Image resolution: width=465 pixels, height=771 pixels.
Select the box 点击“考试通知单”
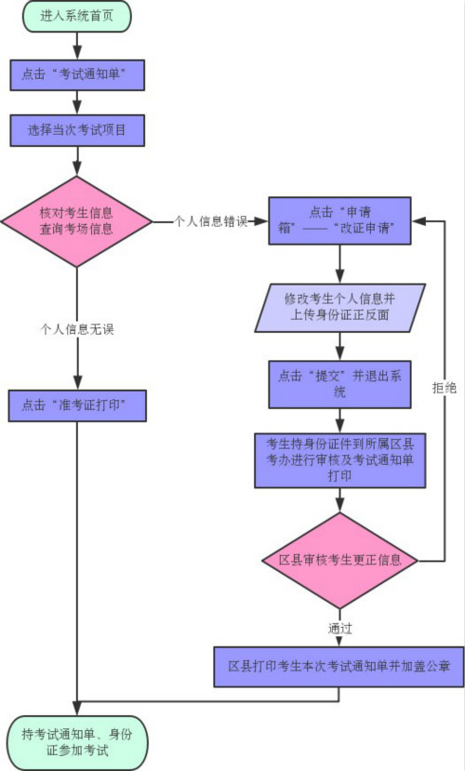76,74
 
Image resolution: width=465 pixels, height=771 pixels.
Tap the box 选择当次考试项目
76,130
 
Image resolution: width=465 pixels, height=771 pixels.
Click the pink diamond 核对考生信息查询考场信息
76,221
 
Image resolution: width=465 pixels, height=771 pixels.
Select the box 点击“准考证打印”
76,405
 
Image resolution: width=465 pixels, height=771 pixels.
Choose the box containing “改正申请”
340,221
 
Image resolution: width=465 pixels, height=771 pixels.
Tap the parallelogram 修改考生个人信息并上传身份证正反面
340,308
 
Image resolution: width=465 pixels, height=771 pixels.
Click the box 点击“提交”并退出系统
340,384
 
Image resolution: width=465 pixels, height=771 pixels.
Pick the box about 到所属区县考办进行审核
340,459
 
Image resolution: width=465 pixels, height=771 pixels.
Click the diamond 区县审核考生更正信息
340,561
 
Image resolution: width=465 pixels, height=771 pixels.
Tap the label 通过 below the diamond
340,629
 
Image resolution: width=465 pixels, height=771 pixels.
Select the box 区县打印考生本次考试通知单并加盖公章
340,667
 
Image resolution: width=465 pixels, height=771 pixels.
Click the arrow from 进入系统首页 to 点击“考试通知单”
76,46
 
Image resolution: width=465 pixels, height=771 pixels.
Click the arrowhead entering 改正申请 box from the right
418,221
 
